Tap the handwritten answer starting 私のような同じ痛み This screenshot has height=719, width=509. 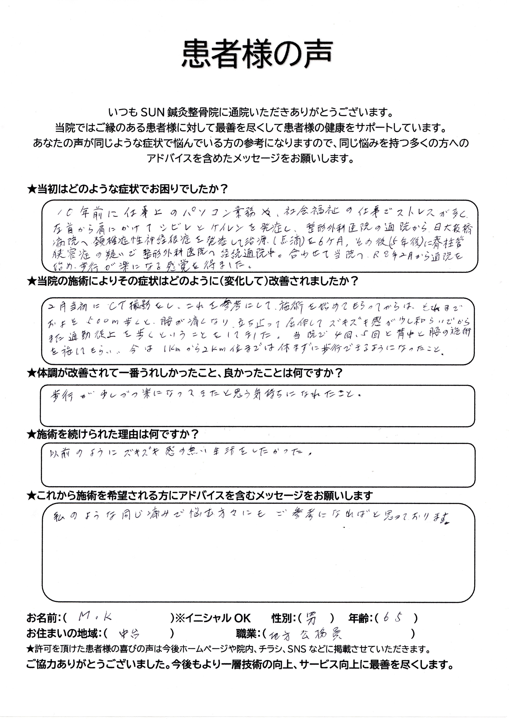(x=251, y=516)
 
